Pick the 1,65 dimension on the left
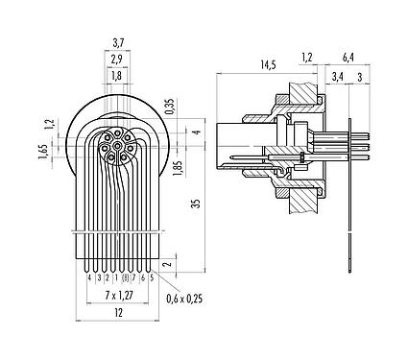coord(42,152)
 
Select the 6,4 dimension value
coord(348,57)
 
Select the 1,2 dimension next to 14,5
coord(307,57)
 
